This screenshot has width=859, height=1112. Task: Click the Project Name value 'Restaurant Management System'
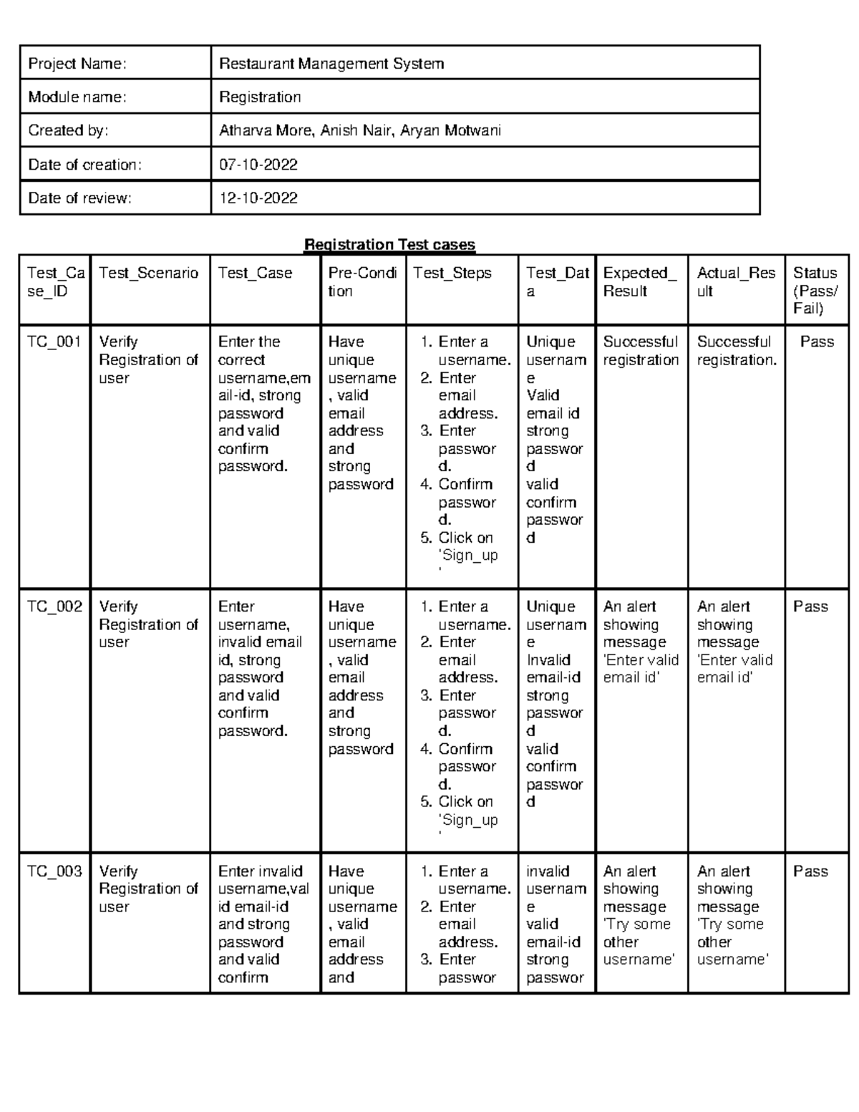pos(331,64)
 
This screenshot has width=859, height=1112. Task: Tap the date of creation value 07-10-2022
pos(258,165)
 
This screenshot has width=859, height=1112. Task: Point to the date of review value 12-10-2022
pos(258,198)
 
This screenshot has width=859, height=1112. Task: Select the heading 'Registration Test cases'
pos(389,245)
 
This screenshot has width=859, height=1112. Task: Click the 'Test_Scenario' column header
pos(149,273)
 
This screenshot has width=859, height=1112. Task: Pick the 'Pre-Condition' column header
pos(362,282)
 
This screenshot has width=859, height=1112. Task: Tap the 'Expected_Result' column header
pos(639,282)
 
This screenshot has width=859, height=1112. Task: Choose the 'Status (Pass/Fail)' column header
pos(815,290)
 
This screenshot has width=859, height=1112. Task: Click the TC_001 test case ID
pos(54,342)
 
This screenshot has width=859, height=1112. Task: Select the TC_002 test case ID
pos(54,606)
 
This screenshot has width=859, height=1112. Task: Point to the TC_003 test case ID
pos(54,871)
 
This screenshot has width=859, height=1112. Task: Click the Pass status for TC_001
pos(817,342)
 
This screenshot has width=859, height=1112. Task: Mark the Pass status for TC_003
pos(810,871)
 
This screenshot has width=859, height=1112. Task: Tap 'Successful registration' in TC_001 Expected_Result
pos(641,351)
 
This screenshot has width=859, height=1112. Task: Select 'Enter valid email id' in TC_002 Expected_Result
pos(641,669)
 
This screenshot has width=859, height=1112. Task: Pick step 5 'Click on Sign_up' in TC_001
pos(467,546)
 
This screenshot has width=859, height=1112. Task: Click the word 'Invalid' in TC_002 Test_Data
pos(548,660)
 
